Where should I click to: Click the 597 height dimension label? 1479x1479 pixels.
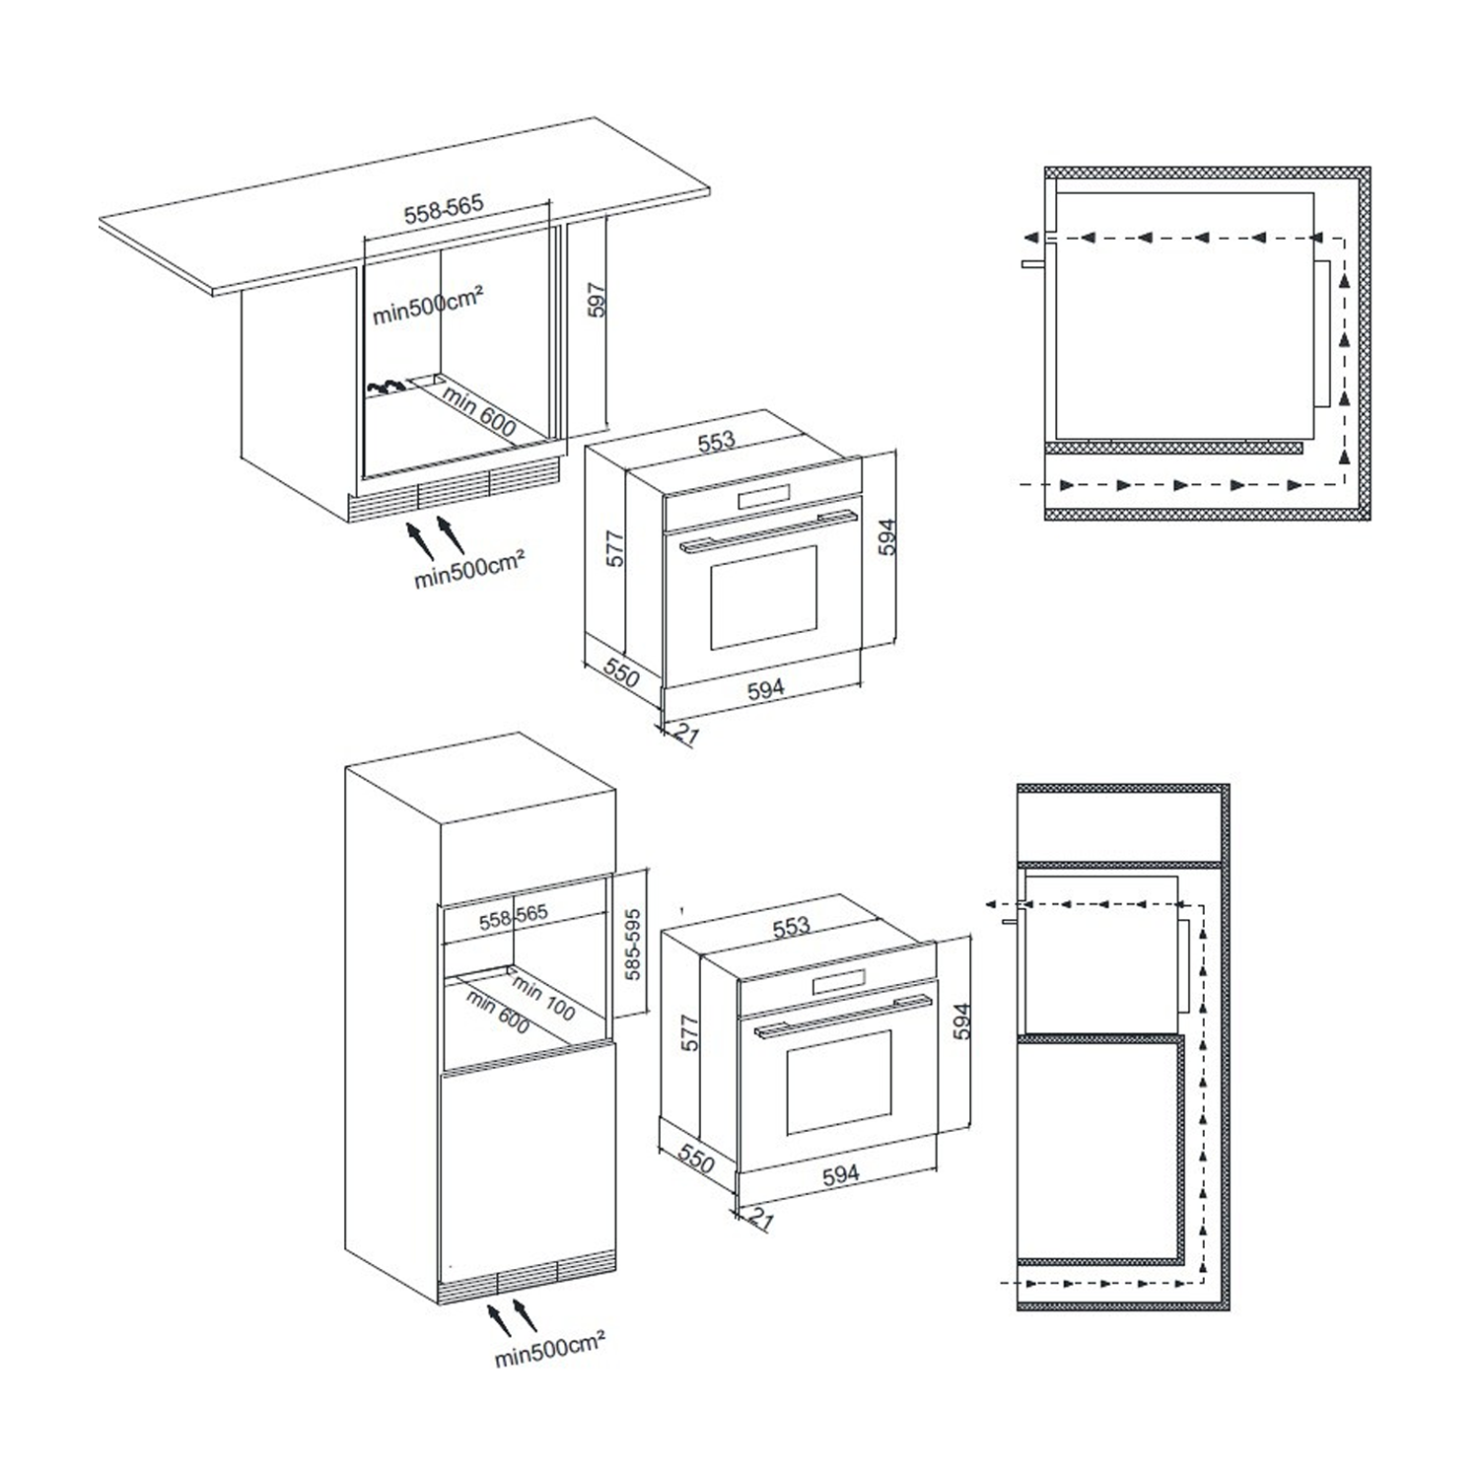[x=596, y=301]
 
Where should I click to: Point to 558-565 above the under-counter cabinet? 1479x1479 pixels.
[x=444, y=209]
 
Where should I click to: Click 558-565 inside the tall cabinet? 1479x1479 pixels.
[x=514, y=918]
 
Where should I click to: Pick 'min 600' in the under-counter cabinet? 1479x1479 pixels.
[x=479, y=411]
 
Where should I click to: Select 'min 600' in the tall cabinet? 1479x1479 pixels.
[x=499, y=1014]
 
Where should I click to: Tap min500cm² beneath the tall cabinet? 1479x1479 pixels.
[x=549, y=1349]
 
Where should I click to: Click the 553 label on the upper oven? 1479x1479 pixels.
[x=717, y=441]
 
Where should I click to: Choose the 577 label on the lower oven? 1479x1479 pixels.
[x=690, y=1032]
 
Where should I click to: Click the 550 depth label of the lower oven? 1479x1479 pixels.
[x=696, y=1160]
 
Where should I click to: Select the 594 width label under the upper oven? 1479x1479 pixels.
[x=766, y=688]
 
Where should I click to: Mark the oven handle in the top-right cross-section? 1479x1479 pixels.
[x=1032, y=264]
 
